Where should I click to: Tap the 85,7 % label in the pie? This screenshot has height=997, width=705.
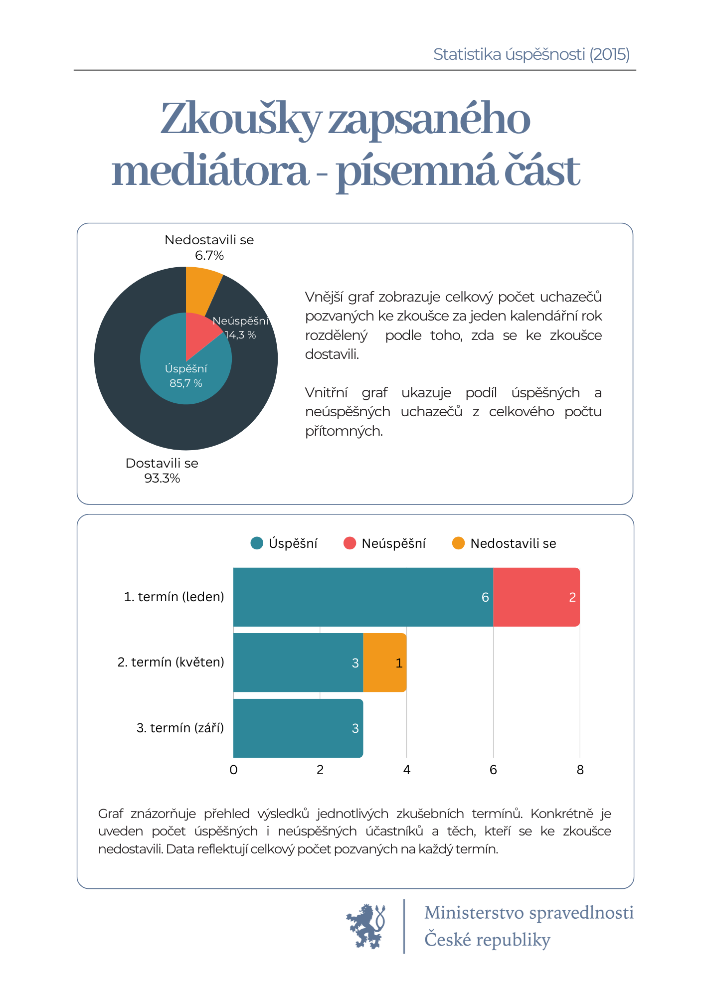[186, 383]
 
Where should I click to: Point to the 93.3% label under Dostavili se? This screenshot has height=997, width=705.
[162, 479]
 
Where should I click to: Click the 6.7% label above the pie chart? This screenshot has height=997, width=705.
[209, 256]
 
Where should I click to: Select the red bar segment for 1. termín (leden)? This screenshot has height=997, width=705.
[536, 597]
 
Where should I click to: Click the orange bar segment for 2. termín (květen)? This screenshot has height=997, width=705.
[385, 663]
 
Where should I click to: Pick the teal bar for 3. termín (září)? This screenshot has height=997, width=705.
[298, 728]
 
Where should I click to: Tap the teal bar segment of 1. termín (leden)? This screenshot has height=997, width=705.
[363, 597]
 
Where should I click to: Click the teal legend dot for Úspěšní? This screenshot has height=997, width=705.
[257, 543]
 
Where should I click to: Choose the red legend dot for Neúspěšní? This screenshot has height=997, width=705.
[350, 543]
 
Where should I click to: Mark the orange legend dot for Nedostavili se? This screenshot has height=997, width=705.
[458, 543]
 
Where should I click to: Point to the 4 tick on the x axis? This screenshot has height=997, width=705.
[407, 770]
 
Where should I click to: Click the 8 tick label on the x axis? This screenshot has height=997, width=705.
[580, 770]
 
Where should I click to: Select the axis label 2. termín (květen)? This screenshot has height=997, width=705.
[171, 662]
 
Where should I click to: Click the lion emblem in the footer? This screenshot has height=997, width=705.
[366, 926]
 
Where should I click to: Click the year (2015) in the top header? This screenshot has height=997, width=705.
[610, 54]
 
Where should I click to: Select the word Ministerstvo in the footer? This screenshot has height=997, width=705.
[474, 913]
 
